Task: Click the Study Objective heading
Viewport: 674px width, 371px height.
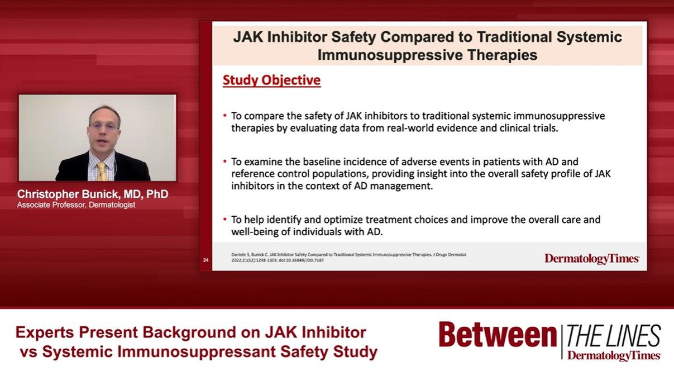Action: [271, 80]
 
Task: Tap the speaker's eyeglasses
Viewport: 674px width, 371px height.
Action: [104, 127]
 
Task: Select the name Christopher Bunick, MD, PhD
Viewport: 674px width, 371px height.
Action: [92, 194]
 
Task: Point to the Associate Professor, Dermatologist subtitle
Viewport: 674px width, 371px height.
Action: [76, 205]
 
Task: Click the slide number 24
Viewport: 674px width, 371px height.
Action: [205, 260]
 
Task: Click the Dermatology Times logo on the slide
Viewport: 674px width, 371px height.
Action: [592, 258]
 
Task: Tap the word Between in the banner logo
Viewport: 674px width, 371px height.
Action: [496, 335]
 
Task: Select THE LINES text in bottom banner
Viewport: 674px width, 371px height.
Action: [614, 336]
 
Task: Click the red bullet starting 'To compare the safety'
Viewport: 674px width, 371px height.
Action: [224, 116]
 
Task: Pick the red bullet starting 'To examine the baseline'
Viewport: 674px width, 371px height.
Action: [224, 161]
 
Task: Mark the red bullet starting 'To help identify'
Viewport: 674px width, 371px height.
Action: [224, 220]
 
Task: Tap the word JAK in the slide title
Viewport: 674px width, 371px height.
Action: [250, 37]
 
